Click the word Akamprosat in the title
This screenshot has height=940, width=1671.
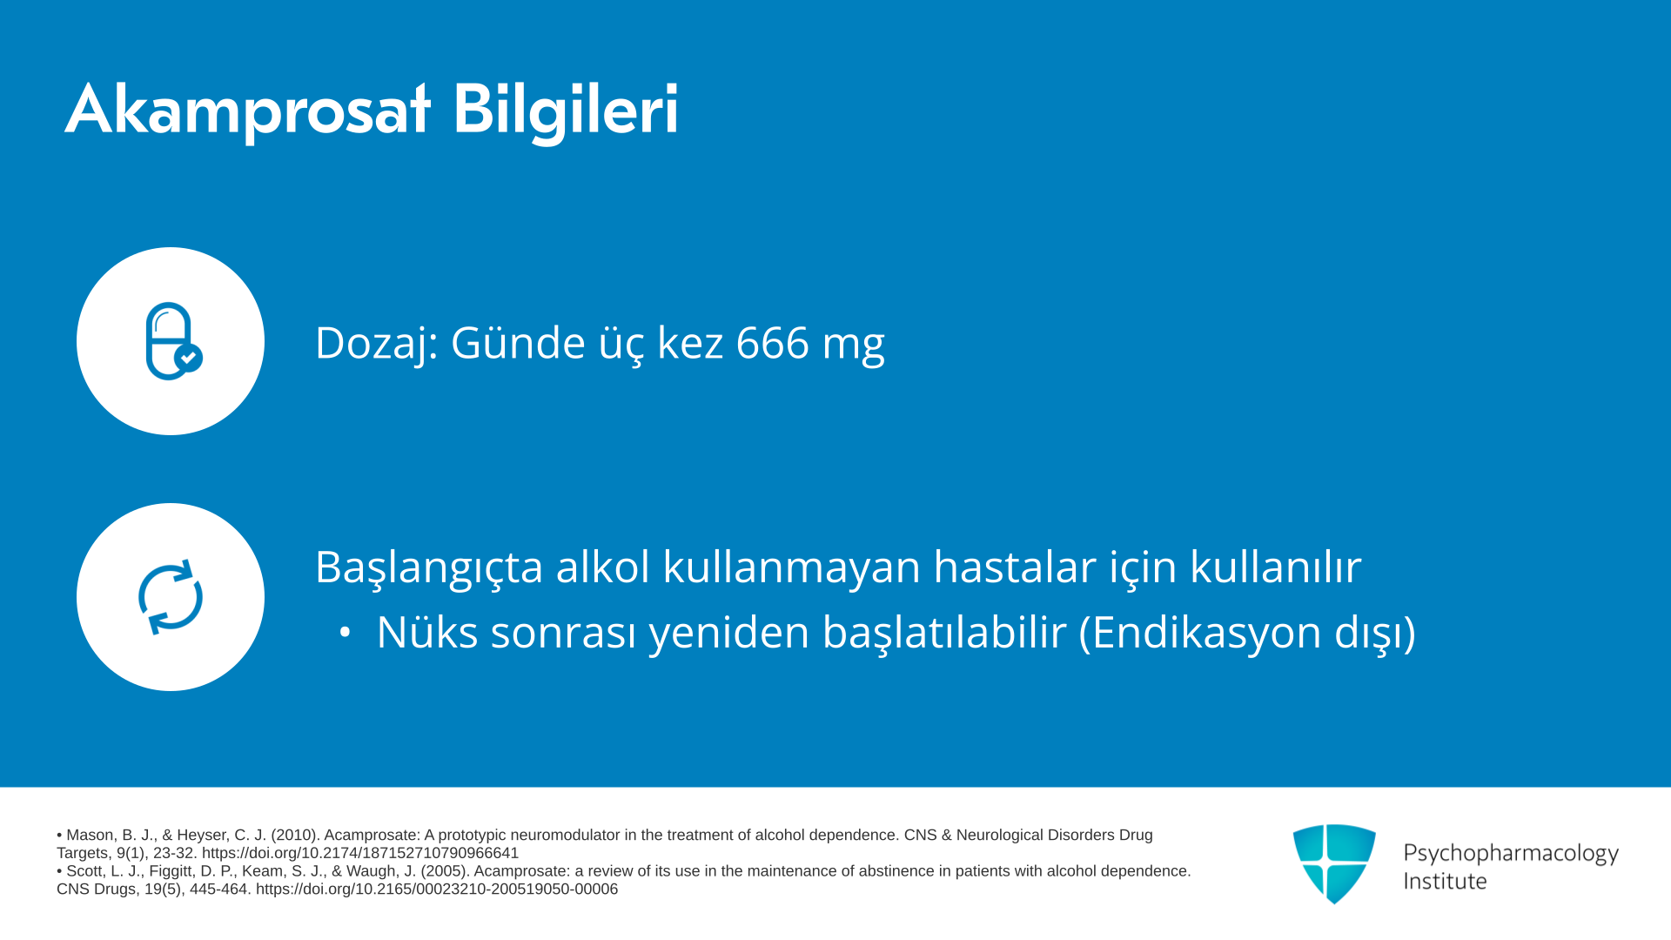point(248,110)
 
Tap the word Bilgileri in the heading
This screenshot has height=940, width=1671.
point(566,110)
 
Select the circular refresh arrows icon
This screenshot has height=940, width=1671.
point(171,597)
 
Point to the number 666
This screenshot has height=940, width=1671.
point(773,342)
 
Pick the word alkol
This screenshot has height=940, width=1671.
point(603,567)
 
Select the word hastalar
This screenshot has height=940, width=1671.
point(1015,567)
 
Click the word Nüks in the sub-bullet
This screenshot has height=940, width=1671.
point(427,632)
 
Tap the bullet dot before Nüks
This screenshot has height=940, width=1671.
point(346,633)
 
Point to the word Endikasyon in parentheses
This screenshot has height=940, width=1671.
point(1206,632)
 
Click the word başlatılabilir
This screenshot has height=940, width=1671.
point(944,634)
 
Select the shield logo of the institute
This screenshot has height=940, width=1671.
point(1334,863)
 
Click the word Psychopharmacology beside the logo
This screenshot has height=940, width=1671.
point(1511,854)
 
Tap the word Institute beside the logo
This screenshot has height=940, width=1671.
point(1446,882)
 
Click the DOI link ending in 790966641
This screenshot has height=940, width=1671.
point(360,854)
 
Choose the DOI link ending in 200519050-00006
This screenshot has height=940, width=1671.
point(437,890)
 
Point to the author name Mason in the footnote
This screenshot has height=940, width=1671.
point(91,836)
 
